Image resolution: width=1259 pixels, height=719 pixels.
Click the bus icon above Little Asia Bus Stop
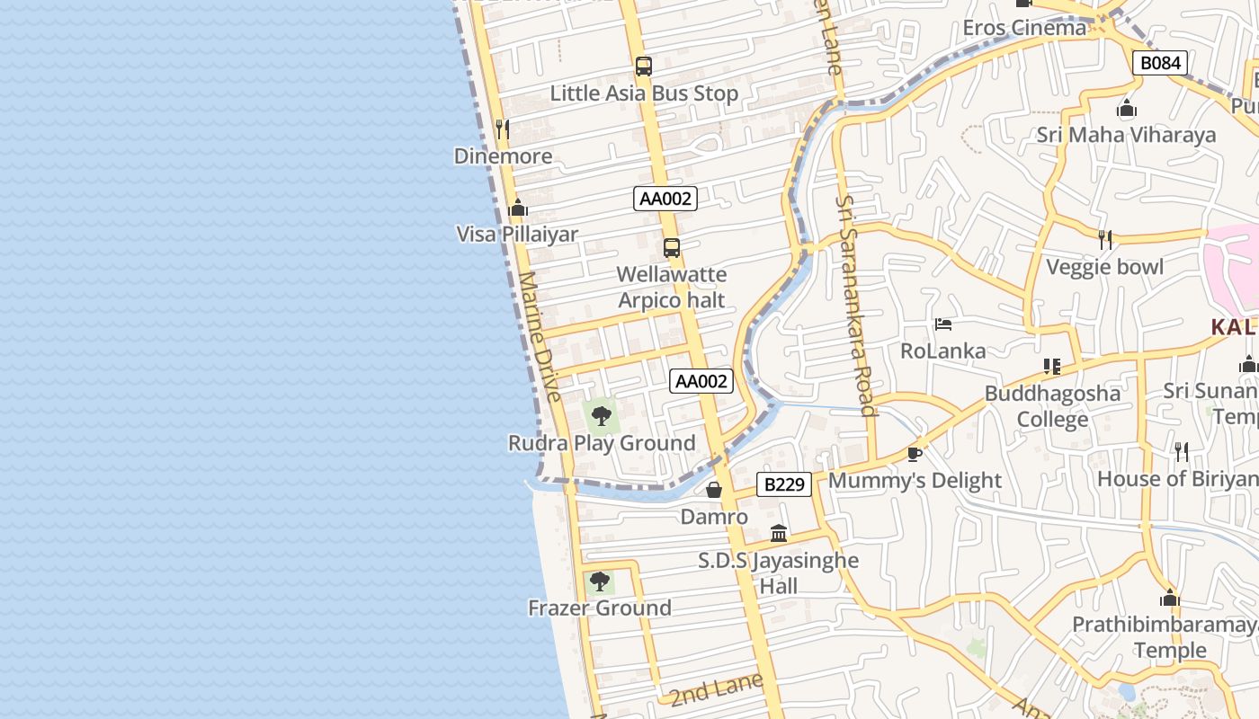(x=643, y=66)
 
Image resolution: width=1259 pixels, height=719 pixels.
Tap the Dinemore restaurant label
(x=503, y=156)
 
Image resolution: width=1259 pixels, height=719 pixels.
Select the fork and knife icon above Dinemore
(x=503, y=129)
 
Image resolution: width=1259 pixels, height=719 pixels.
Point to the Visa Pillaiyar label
(x=517, y=235)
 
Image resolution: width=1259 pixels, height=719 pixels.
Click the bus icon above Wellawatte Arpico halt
(x=671, y=248)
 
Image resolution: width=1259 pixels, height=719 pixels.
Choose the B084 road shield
(x=1160, y=63)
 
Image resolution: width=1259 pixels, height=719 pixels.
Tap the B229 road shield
(x=784, y=484)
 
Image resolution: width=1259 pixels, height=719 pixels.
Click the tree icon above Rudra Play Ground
(x=602, y=415)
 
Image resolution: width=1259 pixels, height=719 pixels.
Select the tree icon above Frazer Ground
(x=599, y=581)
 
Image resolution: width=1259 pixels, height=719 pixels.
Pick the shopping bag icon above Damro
(x=714, y=490)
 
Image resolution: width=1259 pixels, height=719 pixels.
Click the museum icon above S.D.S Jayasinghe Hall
(x=779, y=534)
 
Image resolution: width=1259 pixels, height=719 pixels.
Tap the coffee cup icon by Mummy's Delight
(x=915, y=453)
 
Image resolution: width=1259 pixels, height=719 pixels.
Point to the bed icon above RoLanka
(x=943, y=324)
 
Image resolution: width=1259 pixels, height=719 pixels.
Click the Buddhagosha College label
(x=1052, y=406)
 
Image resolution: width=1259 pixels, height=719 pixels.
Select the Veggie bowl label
(x=1104, y=267)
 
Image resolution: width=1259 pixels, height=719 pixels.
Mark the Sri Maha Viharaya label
(x=1126, y=135)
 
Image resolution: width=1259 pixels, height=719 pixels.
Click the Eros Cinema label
(x=1024, y=28)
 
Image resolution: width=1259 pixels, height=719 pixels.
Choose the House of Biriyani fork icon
(x=1182, y=451)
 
